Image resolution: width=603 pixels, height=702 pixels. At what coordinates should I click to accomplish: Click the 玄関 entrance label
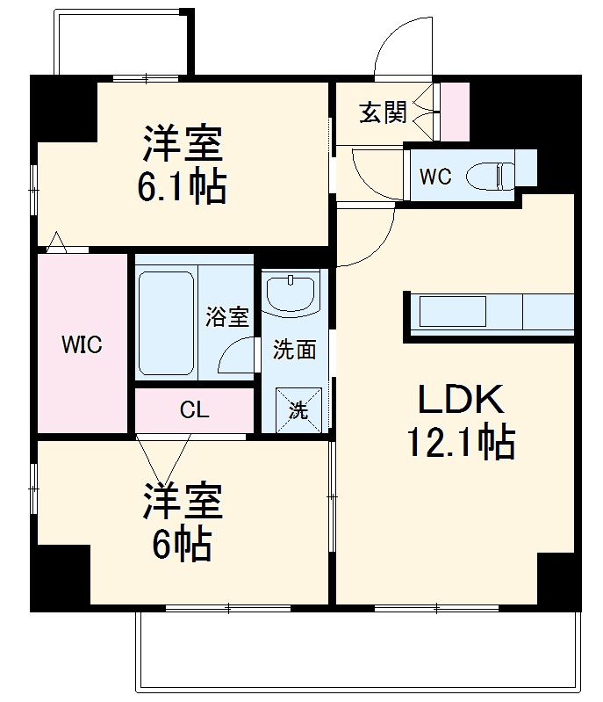[383, 112]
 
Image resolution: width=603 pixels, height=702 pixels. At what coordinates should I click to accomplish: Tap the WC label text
[434, 177]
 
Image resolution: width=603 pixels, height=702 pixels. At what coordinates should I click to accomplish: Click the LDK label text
[460, 400]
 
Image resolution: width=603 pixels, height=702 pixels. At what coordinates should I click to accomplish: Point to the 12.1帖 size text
[460, 444]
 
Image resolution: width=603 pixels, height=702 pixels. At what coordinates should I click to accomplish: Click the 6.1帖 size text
[182, 186]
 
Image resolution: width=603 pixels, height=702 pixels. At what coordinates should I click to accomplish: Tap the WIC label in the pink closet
[82, 345]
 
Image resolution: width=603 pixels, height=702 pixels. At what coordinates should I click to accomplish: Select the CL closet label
[194, 410]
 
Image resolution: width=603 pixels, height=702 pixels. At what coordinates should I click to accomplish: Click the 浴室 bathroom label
[227, 317]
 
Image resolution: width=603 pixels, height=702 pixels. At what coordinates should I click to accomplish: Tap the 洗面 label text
[294, 350]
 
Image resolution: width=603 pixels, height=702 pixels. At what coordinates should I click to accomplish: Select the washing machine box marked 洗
[298, 409]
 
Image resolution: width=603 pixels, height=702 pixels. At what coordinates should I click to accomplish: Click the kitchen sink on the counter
[452, 313]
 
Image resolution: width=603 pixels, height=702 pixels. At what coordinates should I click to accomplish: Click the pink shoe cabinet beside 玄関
[455, 112]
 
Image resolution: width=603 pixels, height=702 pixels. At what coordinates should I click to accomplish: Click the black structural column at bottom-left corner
[61, 575]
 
